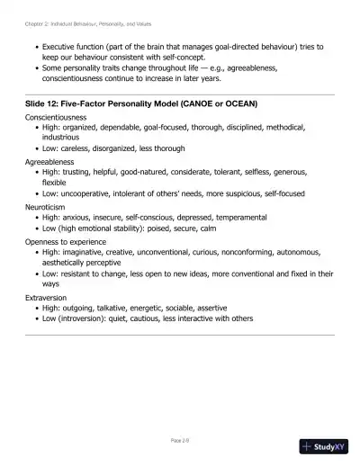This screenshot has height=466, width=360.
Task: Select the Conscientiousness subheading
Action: pyautogui.click(x=55, y=117)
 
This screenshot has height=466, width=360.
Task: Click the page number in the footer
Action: pyautogui.click(x=180, y=440)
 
